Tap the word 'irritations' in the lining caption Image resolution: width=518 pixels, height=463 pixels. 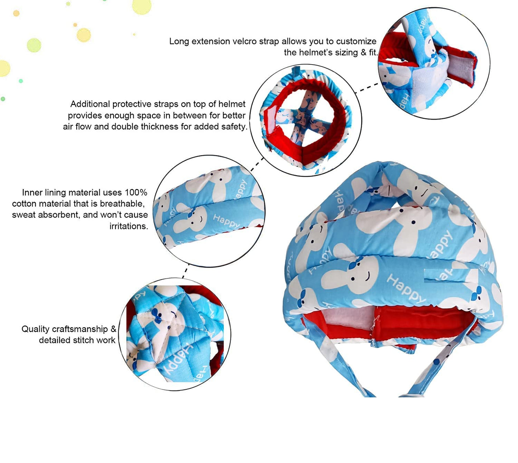pos(129,226)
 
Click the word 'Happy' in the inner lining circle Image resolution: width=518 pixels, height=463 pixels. pos(226,222)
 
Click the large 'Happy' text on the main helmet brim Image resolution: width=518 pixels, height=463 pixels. pos(406,289)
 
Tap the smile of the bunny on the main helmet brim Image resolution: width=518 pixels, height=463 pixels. pos(368,276)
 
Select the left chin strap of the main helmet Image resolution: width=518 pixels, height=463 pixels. pos(340,363)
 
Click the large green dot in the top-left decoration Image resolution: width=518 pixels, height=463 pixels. pos(34,45)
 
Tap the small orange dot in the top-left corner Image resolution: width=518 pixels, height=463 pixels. pos(16,13)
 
